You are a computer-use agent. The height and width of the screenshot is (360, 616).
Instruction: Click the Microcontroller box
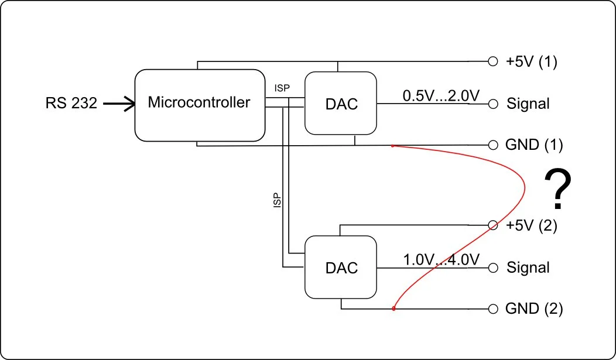tap(199, 105)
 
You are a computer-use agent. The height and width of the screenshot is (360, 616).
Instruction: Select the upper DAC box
tap(341, 104)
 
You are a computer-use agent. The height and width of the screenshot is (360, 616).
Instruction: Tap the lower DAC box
tap(341, 268)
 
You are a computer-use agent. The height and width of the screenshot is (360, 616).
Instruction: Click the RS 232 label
tap(71, 104)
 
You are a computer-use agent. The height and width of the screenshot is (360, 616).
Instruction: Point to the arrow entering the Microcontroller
tap(119, 104)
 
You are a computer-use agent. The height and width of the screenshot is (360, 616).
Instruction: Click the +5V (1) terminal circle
tap(493, 61)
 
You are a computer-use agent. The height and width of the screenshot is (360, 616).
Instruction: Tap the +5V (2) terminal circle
tap(493, 225)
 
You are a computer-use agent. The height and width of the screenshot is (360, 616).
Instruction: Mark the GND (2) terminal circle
tap(493, 308)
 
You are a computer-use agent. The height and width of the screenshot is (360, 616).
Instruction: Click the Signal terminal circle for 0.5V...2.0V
tap(493, 104)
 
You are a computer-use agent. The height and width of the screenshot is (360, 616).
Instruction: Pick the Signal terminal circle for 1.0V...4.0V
tap(493, 268)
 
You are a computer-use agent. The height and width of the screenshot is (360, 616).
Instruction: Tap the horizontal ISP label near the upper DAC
tap(282, 88)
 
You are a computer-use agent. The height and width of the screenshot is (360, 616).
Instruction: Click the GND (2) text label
tap(533, 308)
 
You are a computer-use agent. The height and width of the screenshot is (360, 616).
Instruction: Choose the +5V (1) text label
tap(531, 61)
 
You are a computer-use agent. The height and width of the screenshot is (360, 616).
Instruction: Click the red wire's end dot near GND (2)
tap(393, 308)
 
